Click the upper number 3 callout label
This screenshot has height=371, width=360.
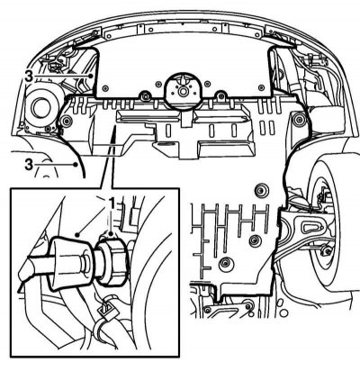tap(29, 76)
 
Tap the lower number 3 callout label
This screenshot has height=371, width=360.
tap(29, 165)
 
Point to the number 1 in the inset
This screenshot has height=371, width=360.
tap(111, 204)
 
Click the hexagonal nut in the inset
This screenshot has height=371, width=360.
tap(112, 259)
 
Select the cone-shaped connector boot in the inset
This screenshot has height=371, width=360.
tap(72, 264)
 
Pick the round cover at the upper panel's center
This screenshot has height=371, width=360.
tap(183, 89)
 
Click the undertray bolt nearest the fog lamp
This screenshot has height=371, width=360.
tap(66, 121)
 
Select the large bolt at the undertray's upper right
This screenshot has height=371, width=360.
tap(298, 119)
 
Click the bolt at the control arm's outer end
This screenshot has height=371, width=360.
tap(325, 251)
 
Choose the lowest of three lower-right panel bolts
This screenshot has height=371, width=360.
tap(225, 263)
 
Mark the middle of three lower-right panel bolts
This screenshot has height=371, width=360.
tap(256, 240)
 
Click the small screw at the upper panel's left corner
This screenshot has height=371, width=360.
tap(104, 88)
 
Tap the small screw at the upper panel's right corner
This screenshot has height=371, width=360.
tap(262, 87)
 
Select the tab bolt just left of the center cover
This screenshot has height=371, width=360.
tap(146, 95)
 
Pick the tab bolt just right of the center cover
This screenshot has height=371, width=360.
tap(221, 95)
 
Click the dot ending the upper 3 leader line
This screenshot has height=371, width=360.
tap(92, 76)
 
